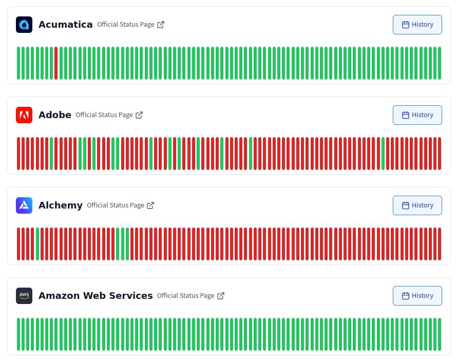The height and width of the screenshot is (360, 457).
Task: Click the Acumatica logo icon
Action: point(24,25)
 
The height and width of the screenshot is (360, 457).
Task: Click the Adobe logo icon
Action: point(24,115)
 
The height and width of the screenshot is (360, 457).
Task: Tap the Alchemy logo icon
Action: point(24,205)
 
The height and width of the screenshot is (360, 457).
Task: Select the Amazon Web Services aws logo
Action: point(24,296)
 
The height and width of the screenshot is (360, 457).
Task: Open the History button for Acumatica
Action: point(417,25)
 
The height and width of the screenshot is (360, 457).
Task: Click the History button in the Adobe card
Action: point(417,115)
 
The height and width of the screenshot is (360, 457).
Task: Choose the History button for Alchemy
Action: point(417,205)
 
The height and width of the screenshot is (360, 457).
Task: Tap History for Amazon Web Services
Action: point(417,296)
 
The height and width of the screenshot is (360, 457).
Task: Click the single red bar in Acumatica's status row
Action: point(56,63)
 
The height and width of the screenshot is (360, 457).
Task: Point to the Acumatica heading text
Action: point(65,25)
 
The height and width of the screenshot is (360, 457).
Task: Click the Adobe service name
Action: point(55,115)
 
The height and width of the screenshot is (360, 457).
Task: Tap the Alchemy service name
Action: point(61,205)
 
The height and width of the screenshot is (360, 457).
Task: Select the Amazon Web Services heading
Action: point(96,296)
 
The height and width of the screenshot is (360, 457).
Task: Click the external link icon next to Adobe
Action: point(139,115)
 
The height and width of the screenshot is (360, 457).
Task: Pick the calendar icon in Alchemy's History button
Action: point(405,205)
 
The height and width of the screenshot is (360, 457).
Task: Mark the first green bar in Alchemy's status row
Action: point(37,244)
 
